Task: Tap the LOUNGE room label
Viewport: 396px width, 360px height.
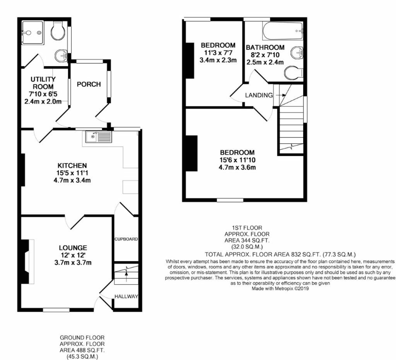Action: click(73, 248)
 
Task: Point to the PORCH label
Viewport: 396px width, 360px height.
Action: click(89, 84)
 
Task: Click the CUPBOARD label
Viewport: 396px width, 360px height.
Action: click(126, 239)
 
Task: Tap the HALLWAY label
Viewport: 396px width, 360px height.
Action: click(126, 297)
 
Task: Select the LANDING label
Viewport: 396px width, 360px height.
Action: click(259, 95)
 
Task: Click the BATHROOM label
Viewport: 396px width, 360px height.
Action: click(265, 48)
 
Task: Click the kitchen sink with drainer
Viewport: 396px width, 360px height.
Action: click(99, 136)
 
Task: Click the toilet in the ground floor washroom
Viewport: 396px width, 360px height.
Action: click(57, 31)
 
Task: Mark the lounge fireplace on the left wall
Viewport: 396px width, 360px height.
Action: click(26, 262)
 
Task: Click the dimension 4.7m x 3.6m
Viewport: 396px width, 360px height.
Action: click(237, 167)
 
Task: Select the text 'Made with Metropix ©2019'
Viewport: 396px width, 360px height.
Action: click(280, 288)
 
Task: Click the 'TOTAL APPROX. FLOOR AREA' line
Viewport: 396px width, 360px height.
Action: click(280, 254)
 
